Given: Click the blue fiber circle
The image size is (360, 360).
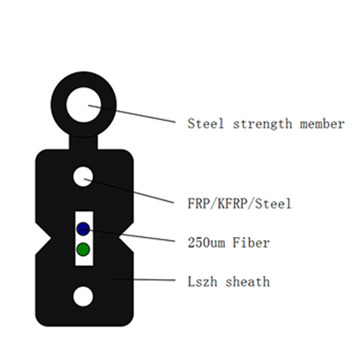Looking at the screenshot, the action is coord(83,229).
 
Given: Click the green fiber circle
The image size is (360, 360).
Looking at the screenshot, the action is coord(83,249).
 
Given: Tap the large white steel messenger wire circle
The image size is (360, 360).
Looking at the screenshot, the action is coord(83,105).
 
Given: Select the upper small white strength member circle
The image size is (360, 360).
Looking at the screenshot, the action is coord(83,177).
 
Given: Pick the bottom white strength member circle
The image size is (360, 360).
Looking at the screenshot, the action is coord(83,296).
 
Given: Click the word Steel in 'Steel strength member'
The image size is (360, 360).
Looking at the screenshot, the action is coord(205,124).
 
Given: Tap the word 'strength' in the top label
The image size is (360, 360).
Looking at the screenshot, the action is coord(262,124).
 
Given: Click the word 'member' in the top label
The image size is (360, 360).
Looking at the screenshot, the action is coord(322,124).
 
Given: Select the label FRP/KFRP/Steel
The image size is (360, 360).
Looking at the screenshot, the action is coord(239,203).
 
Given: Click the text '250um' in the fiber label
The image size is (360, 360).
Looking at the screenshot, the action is coord(206,243).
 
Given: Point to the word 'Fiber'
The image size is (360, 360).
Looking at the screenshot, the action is coord(251,242).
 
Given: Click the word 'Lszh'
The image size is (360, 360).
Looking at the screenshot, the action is coord(202,282).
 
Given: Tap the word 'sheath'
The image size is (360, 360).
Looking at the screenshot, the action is coord(247,282).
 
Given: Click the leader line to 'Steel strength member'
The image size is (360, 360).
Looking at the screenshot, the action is coord(132,114).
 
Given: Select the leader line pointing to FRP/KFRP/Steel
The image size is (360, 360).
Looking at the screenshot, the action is coord(129,190).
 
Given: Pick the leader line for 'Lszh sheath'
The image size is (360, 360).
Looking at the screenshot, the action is coord(144,280).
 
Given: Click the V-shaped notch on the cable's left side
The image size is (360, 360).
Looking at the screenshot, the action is coord(44,238).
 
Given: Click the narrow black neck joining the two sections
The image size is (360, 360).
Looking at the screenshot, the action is coord(83,142).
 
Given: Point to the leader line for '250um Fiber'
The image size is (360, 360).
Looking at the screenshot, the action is coord(128,235).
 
